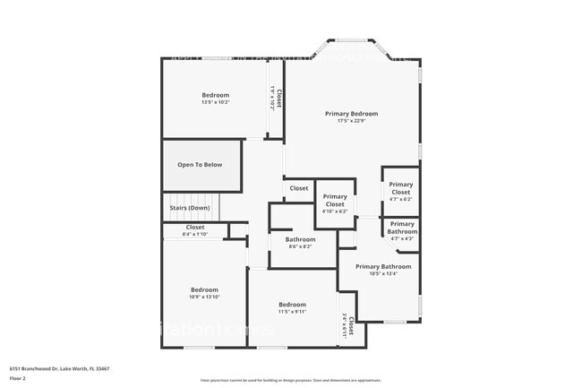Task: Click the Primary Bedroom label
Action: (351, 114)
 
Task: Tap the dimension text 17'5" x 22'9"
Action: (351, 122)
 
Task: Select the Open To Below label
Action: (200, 165)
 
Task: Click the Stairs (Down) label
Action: (190, 208)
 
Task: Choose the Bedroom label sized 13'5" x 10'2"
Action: (215, 95)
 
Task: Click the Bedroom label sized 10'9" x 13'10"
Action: (204, 289)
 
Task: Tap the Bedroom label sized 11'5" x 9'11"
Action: (292, 304)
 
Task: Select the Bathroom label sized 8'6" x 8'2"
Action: (300, 239)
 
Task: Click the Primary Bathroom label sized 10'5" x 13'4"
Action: (383, 266)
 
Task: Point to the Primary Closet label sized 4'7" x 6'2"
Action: (400, 189)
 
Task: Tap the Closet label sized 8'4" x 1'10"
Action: (195, 228)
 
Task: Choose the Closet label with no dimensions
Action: (299, 188)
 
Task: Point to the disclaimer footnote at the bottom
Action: (290, 381)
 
